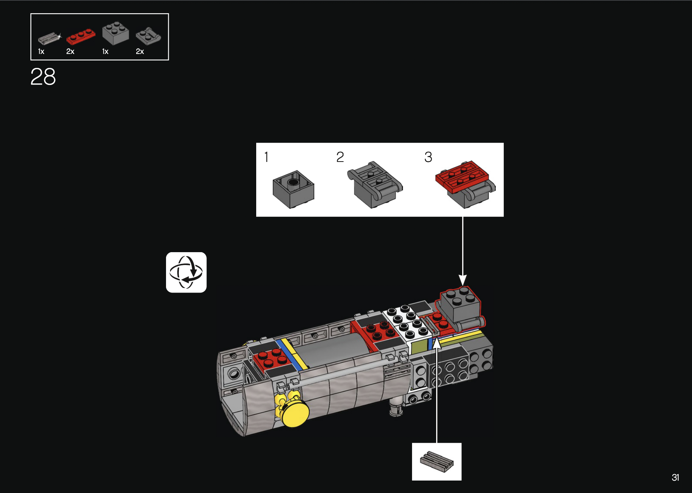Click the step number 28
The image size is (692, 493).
(x=43, y=77)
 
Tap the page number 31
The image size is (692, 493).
(x=675, y=478)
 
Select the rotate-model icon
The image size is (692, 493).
(x=186, y=272)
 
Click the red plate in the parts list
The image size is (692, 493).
(x=81, y=37)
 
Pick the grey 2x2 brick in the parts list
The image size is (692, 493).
(x=115, y=33)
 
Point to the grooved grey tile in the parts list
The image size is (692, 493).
(x=49, y=38)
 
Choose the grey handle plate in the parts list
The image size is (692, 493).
(x=148, y=36)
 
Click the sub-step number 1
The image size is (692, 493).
(x=266, y=157)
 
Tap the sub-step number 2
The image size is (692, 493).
(x=340, y=157)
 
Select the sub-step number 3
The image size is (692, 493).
(x=428, y=157)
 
